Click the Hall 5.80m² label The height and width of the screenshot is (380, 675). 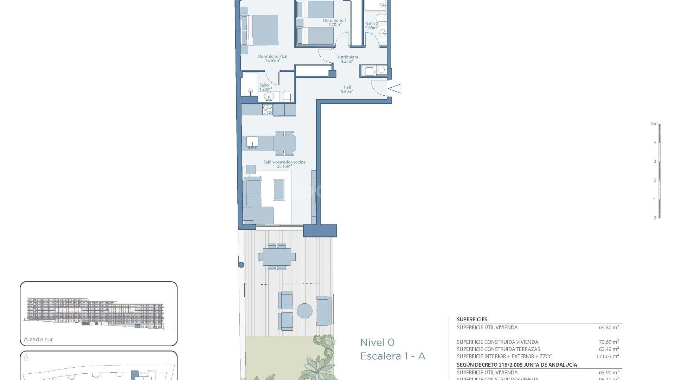point(347,89)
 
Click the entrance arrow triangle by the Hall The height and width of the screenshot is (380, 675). point(395,88)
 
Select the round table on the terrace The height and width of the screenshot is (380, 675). point(304,311)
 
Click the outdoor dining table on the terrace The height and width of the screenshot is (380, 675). point(277,257)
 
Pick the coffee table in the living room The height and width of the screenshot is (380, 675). point(278,190)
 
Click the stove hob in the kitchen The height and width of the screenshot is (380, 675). point(268,109)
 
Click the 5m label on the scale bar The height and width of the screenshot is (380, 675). point(654,124)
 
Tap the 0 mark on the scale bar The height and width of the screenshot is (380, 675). point(655,218)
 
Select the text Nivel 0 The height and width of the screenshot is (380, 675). point(377,342)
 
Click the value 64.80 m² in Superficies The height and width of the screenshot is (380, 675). point(609,327)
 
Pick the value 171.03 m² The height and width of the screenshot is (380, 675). point(607,356)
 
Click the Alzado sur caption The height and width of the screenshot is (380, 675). point(38,340)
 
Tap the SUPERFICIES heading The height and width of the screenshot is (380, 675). point(472,319)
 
